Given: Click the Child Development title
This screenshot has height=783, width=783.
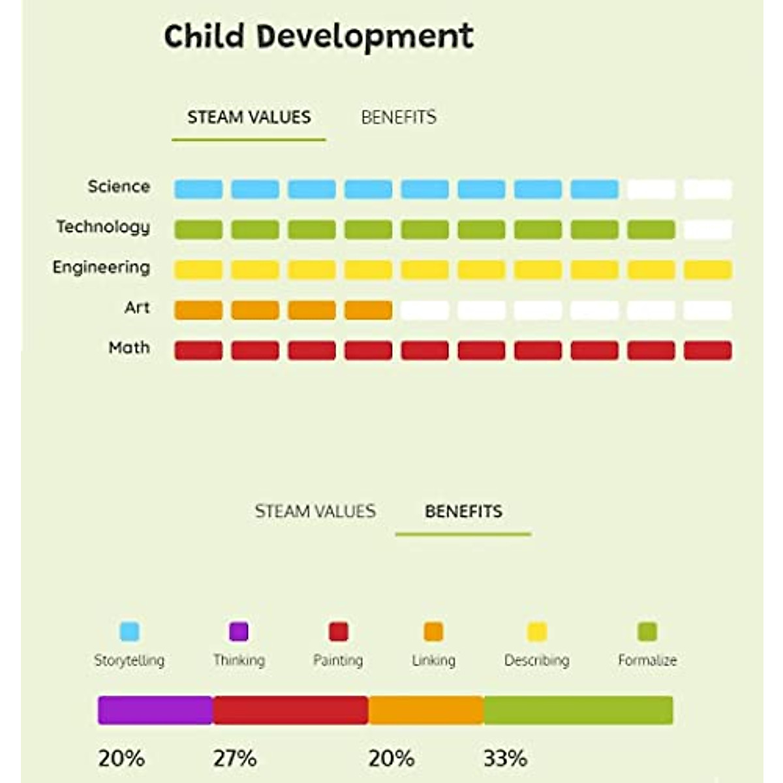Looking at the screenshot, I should click(x=318, y=37).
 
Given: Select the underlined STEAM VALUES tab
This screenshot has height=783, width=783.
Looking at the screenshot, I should click(x=249, y=117).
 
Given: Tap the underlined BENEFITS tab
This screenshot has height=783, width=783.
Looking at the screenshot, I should click(x=463, y=511).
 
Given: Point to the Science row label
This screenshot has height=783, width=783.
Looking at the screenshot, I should click(x=119, y=187).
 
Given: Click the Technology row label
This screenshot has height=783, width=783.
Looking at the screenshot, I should click(x=103, y=227).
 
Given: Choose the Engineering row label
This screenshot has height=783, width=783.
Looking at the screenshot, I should click(x=101, y=268).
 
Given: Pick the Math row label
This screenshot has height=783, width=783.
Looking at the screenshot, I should click(x=129, y=348).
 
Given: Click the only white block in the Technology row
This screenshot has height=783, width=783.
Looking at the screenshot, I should click(x=708, y=230).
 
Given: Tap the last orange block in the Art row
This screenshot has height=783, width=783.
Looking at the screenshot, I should click(x=368, y=310).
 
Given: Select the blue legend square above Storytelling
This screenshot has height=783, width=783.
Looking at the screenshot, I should click(x=130, y=632).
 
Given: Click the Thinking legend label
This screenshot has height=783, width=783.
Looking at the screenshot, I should click(x=239, y=660).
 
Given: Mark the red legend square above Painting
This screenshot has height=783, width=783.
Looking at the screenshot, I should click(x=339, y=632).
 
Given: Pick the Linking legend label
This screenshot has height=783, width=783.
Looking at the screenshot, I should click(x=434, y=660).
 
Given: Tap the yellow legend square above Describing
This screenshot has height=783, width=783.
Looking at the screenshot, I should click(x=537, y=632).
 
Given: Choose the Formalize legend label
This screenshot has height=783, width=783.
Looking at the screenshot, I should click(x=647, y=660).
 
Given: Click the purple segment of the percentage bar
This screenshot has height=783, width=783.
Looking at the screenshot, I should click(x=155, y=711).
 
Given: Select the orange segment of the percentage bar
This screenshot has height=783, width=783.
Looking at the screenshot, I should click(x=426, y=711).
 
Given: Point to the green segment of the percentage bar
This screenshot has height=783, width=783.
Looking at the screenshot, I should click(x=578, y=711).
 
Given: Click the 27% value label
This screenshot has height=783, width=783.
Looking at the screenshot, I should click(x=235, y=758).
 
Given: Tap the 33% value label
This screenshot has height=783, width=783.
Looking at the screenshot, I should click(x=505, y=758).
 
